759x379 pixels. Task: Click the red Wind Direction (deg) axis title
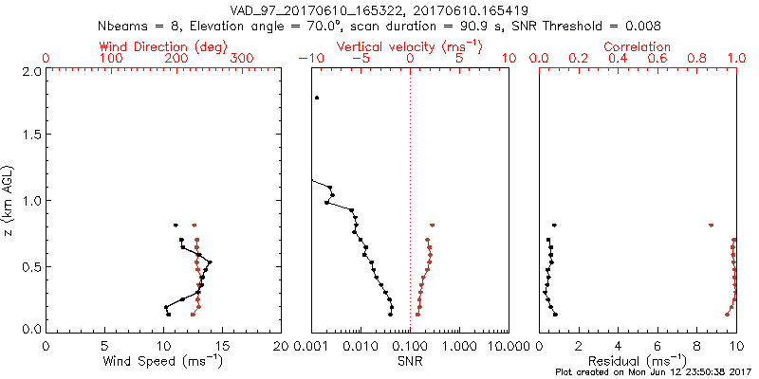163,45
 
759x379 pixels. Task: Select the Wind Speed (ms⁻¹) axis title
163,360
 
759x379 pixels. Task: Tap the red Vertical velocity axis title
410,45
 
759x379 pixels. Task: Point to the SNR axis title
410,360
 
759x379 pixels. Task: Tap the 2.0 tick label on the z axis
30,71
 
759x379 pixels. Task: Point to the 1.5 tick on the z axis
30,135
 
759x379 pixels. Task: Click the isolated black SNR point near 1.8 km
317,98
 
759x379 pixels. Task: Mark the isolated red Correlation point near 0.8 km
711,226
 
